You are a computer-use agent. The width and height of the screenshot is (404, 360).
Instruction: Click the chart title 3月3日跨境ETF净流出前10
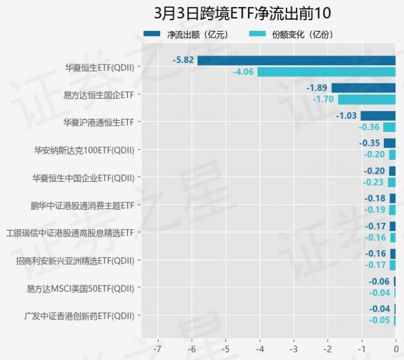pyautogui.click(x=242, y=13)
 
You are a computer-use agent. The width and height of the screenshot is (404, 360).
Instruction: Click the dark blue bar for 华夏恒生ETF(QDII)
pyautogui.click(x=296, y=61)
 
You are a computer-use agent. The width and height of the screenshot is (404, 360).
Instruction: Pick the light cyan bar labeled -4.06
pyautogui.click(x=326, y=72)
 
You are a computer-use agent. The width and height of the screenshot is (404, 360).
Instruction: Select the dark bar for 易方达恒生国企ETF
pyautogui.click(x=363, y=88)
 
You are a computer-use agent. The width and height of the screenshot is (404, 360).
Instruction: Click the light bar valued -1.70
pyautogui.click(x=366, y=99)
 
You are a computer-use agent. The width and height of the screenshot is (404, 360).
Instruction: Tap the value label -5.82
pyautogui.click(x=184, y=61)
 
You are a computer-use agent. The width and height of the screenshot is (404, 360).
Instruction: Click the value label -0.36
pyautogui.click(x=369, y=127)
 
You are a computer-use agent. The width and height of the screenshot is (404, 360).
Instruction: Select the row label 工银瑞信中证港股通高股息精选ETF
pyautogui.click(x=70, y=232)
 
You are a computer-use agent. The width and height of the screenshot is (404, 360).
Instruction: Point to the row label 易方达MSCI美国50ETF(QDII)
pyautogui.click(x=80, y=288)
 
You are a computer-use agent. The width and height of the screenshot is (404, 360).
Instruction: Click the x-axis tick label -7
pyautogui.click(x=157, y=349)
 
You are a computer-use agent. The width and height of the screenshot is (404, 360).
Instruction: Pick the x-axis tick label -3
pyautogui.click(x=293, y=349)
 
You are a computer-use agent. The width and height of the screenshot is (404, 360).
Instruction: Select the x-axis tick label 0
pyautogui.click(x=396, y=349)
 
